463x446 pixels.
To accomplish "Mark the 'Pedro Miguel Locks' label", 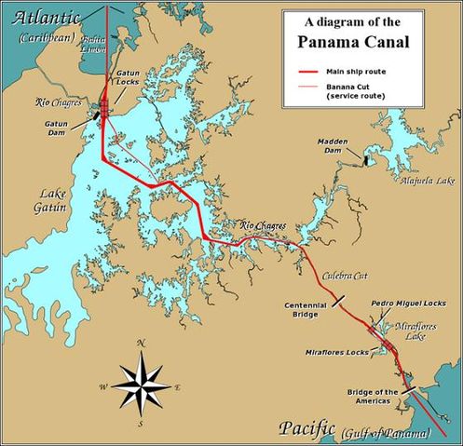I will (x=409, y=304).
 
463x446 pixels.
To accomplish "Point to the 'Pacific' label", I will (x=306, y=428).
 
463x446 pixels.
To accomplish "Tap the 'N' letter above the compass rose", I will (x=141, y=344).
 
